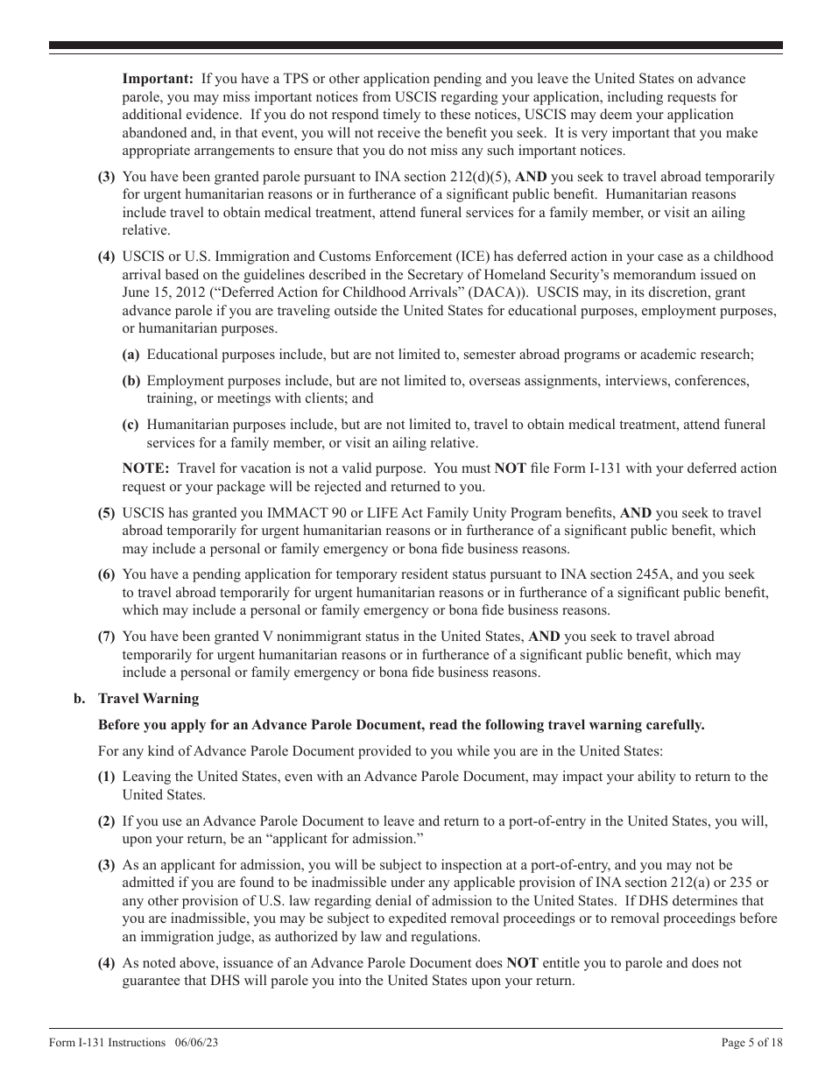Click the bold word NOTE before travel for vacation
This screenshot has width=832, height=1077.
tap(145, 468)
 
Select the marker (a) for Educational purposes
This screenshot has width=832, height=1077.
tap(130, 355)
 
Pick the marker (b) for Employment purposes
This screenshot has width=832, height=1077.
tap(130, 381)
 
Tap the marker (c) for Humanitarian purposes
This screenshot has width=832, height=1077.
tap(130, 425)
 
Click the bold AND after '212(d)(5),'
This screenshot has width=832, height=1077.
tap(529, 177)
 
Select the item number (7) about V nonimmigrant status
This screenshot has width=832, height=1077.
tap(106, 637)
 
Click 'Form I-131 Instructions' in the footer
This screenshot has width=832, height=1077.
tap(107, 1042)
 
